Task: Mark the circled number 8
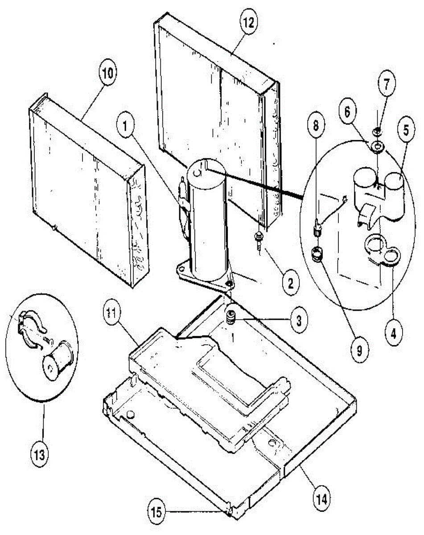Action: [316, 125]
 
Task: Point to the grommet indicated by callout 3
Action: [231, 317]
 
